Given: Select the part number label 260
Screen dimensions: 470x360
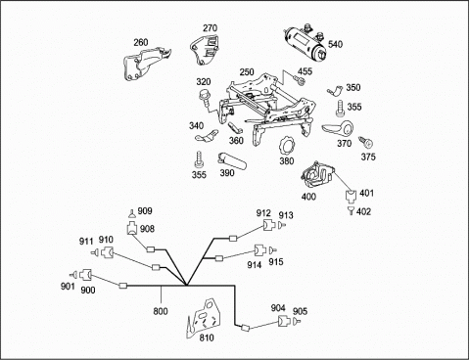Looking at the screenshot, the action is coord(141,42).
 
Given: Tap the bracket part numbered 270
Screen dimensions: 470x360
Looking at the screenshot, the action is coord(205,51).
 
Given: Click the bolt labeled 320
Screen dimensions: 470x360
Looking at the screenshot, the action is coord(205,96).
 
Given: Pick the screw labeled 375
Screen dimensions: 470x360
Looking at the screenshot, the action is coord(366,142).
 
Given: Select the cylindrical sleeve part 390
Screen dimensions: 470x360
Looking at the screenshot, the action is coord(232,160).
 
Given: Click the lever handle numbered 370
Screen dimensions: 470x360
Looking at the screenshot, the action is coord(339,129).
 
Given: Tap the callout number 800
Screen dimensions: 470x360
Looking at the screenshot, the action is coord(161,311).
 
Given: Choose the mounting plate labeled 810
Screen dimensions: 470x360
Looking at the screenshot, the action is coord(205,317).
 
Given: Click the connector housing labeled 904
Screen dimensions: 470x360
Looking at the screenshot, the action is coord(284,321).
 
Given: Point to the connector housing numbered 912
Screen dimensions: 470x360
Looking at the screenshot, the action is coord(270,225).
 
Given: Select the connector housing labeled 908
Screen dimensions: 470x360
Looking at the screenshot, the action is coord(132,228).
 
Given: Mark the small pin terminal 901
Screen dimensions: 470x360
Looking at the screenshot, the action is coord(73,275).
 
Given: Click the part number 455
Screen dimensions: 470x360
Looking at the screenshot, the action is coord(305,71).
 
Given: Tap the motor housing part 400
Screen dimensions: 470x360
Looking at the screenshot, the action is coord(317,174).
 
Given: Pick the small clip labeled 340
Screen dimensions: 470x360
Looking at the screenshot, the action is coord(207,136).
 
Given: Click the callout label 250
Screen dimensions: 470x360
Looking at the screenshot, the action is coord(247,72).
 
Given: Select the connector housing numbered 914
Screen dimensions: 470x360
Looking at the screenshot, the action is coord(260,250).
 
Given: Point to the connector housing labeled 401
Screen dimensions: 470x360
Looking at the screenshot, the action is coord(351,197).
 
